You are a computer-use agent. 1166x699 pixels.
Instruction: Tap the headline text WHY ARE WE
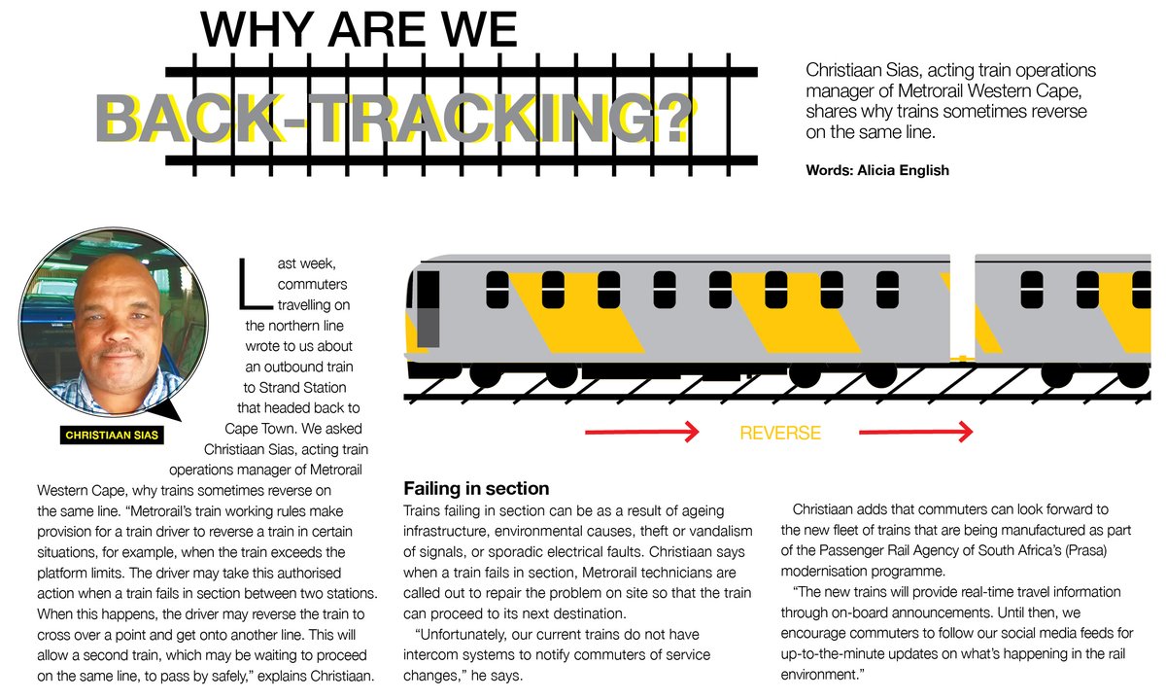[359, 30]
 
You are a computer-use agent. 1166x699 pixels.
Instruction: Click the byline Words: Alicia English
[876, 170]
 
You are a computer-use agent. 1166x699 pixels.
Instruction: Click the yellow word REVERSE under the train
[780, 434]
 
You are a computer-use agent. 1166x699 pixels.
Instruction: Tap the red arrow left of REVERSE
[641, 433]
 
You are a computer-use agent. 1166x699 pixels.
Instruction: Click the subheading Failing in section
[476, 488]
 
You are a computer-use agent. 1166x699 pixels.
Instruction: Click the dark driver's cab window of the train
[428, 309]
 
